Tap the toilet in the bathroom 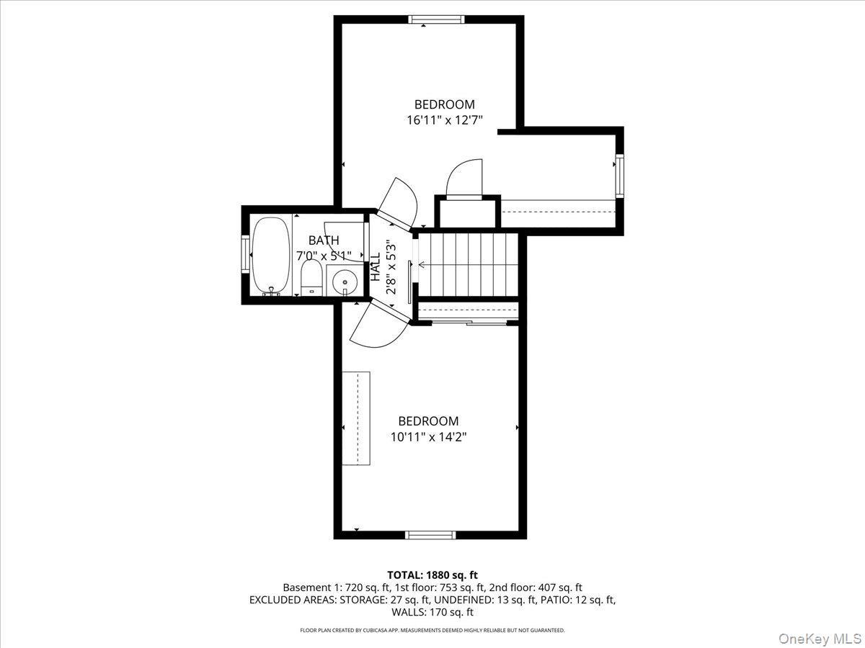point(311,277)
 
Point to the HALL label point(376,267)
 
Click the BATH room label point(324,240)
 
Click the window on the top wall point(436,19)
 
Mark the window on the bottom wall point(430,534)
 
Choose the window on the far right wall point(618,175)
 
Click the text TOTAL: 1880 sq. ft point(432,575)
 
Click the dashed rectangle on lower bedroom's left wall point(355,418)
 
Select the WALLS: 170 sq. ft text point(432,613)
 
